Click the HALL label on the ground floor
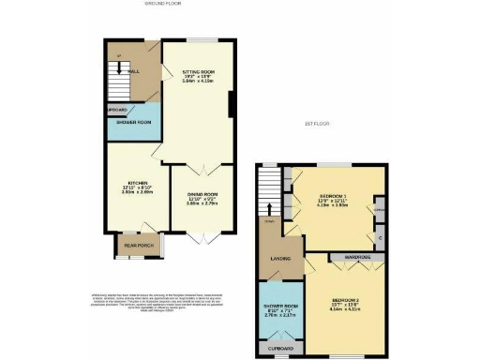click(134, 70)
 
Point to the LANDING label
click(277, 259)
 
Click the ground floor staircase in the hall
click(115, 87)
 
